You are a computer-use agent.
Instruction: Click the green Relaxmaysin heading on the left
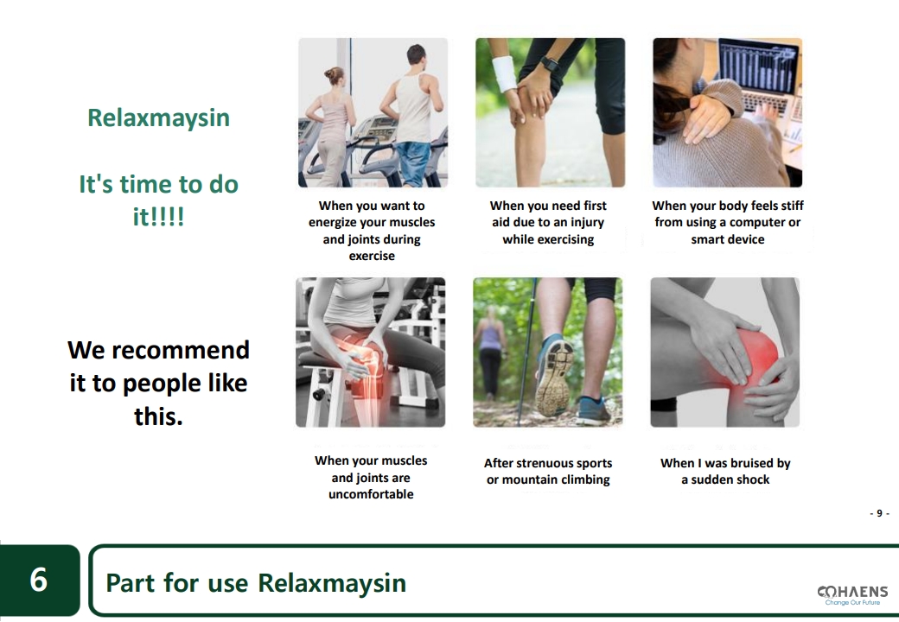158,117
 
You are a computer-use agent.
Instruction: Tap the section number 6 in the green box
38,580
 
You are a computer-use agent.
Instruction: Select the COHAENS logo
852,595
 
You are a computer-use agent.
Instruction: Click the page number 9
879,513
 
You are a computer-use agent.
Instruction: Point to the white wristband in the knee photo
506,74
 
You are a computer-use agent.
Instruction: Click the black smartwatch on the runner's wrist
551,64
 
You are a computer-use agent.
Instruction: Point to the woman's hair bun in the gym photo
329,74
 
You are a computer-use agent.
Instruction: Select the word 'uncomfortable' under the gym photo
371,494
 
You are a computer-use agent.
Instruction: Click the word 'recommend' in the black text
181,350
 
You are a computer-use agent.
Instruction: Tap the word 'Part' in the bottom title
131,583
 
